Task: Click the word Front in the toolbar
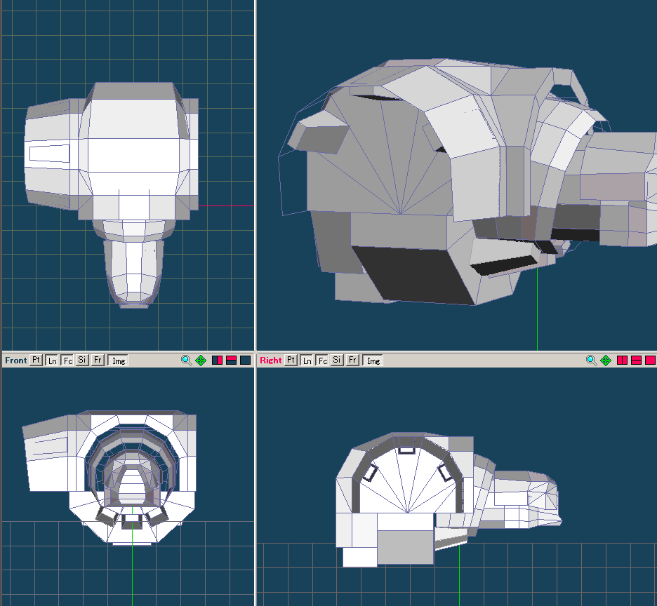pos(16,361)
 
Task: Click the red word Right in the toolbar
pos(271,361)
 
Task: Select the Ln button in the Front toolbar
pos(52,361)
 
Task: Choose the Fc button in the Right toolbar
pos(322,361)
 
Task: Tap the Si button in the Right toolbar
pos(337,360)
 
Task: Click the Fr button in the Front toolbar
pos(97,360)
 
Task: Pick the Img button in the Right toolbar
pos(373,361)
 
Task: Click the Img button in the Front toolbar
pos(118,361)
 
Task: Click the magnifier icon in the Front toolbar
pos(186,361)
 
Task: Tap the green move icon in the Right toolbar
pos(606,361)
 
